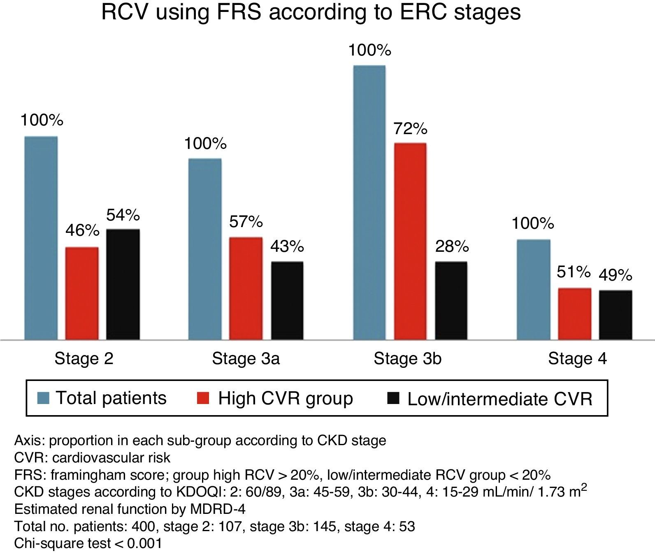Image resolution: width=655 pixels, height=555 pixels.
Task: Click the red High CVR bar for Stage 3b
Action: click(410, 241)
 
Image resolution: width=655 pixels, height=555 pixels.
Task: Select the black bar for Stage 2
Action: click(123, 284)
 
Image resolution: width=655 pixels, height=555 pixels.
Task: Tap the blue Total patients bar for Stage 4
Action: click(533, 289)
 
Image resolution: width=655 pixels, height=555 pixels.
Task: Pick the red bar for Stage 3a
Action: click(246, 288)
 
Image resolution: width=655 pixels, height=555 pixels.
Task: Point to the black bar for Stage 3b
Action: click(451, 300)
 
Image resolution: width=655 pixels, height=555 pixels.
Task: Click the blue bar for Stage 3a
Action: click(205, 249)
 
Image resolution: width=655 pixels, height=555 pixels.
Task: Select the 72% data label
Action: click(410, 129)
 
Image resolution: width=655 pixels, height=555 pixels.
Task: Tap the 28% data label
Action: click(452, 246)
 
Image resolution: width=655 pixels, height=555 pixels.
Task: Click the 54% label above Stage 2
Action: click(123, 215)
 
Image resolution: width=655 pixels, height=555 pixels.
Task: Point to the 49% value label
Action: click(615, 275)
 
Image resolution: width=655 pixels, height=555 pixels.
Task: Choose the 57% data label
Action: click(246, 222)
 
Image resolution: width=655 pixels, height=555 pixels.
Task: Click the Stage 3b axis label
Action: click(407, 359)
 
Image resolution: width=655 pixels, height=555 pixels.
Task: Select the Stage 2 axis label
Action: click(84, 359)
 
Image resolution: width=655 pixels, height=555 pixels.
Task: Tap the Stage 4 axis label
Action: click(577, 359)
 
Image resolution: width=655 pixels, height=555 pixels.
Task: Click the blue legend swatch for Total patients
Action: click(43, 398)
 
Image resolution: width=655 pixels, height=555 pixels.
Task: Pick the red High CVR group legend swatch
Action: click(203, 398)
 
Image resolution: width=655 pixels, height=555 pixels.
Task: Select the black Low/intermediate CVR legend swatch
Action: click(394, 398)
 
